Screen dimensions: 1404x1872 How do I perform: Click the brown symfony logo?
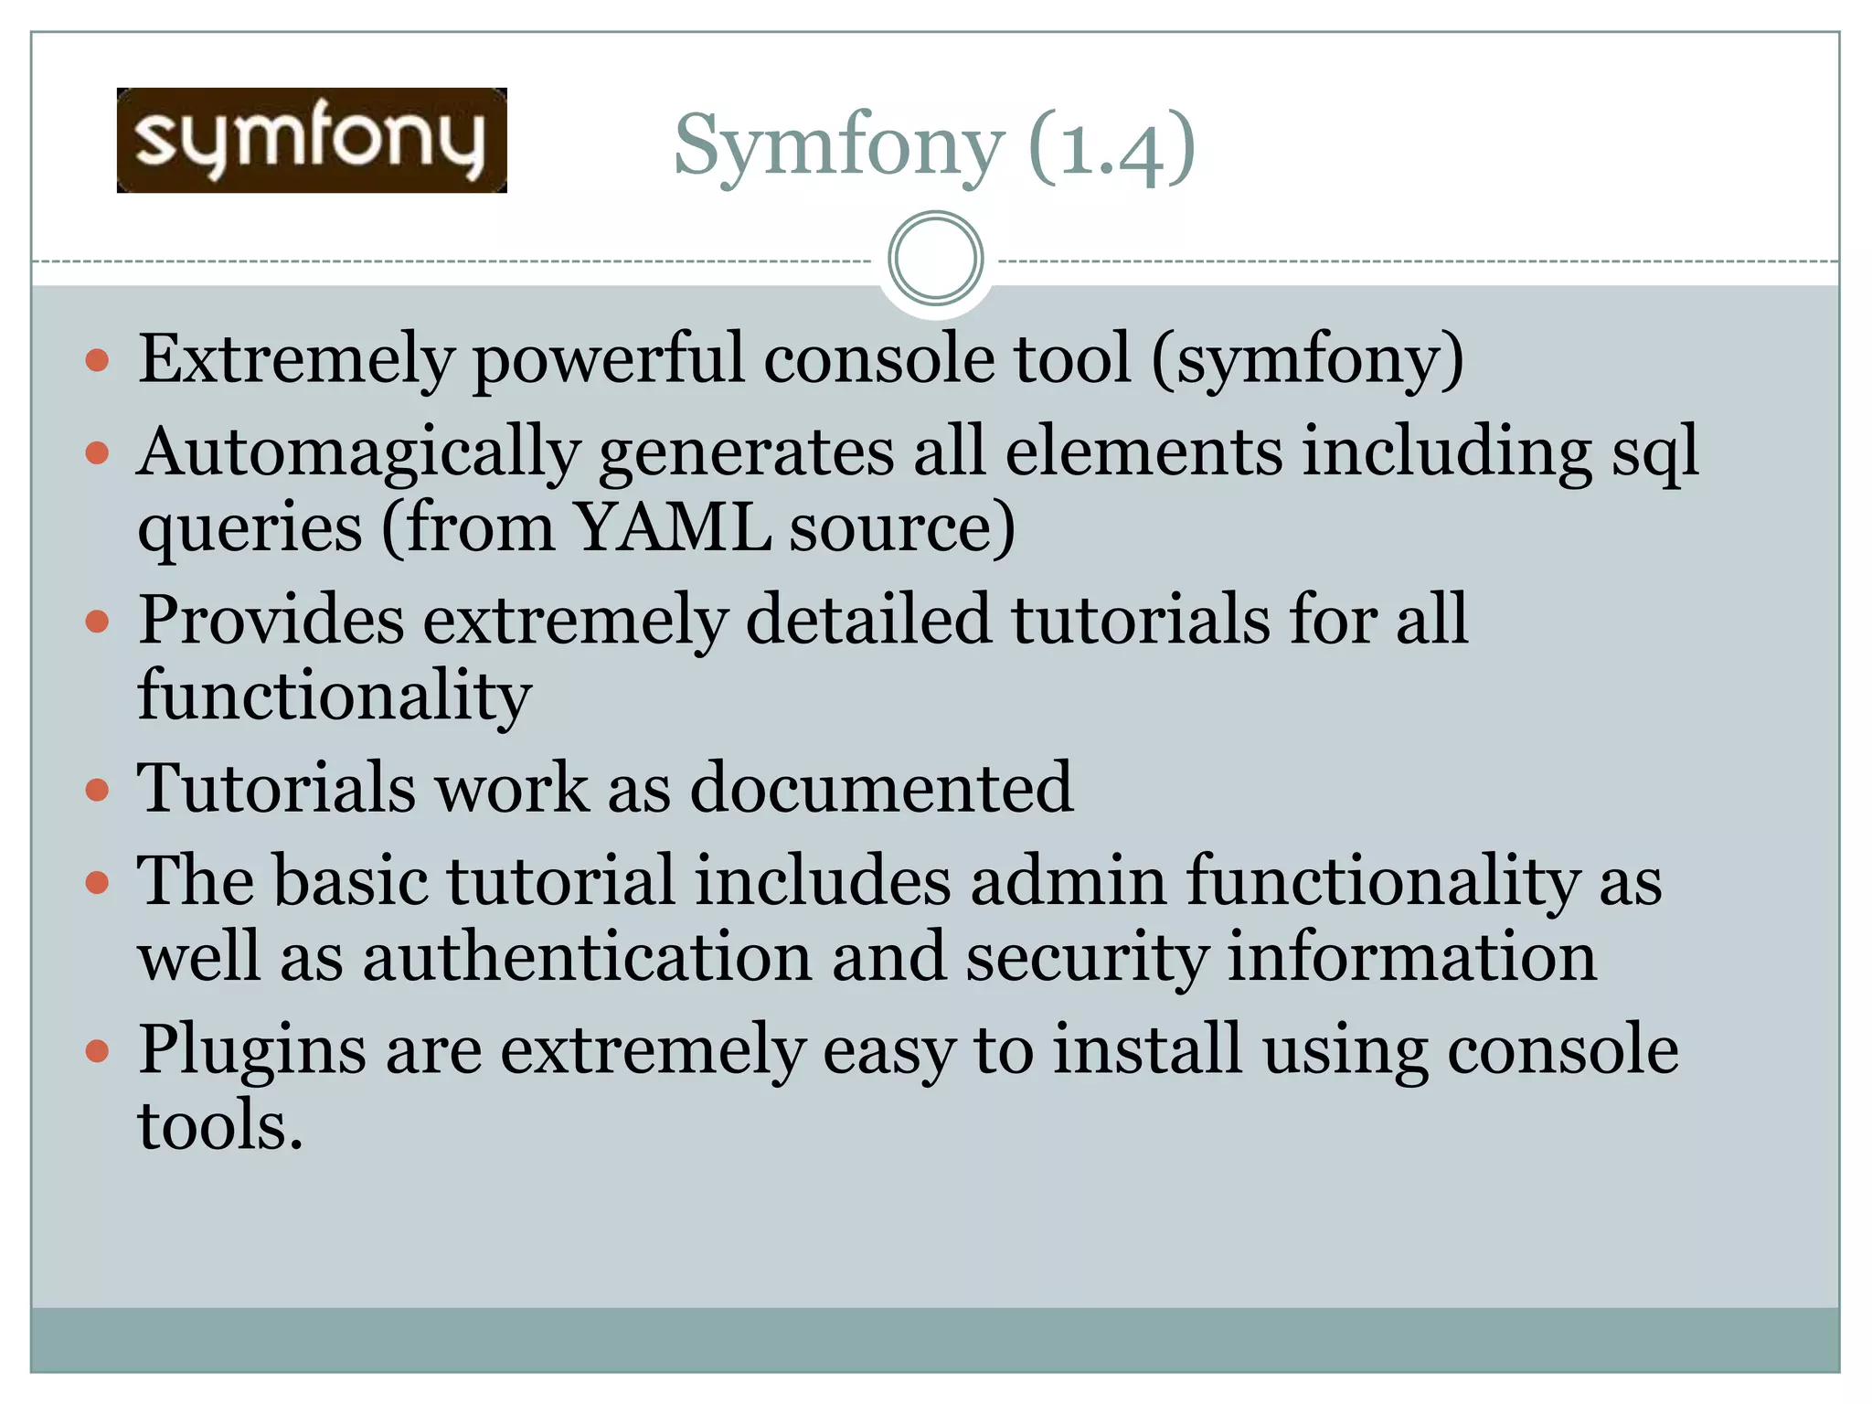click(312, 140)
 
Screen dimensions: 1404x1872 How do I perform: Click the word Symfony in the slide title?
click(838, 146)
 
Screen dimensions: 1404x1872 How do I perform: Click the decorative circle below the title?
click(935, 259)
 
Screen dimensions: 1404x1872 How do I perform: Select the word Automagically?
click(358, 452)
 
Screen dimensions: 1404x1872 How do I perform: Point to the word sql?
click(1654, 452)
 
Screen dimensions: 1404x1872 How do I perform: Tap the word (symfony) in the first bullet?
click(1307, 358)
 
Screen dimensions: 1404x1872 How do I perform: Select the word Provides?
click(271, 620)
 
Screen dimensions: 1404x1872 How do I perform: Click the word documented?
click(881, 788)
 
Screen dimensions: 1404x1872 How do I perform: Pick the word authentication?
click(588, 957)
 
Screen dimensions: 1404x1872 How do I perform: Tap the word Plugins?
click(252, 1050)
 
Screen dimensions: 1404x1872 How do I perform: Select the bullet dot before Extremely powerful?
click(97, 360)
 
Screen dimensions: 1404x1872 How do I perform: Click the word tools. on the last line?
click(220, 1125)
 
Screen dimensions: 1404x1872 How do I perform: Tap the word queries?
click(250, 529)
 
